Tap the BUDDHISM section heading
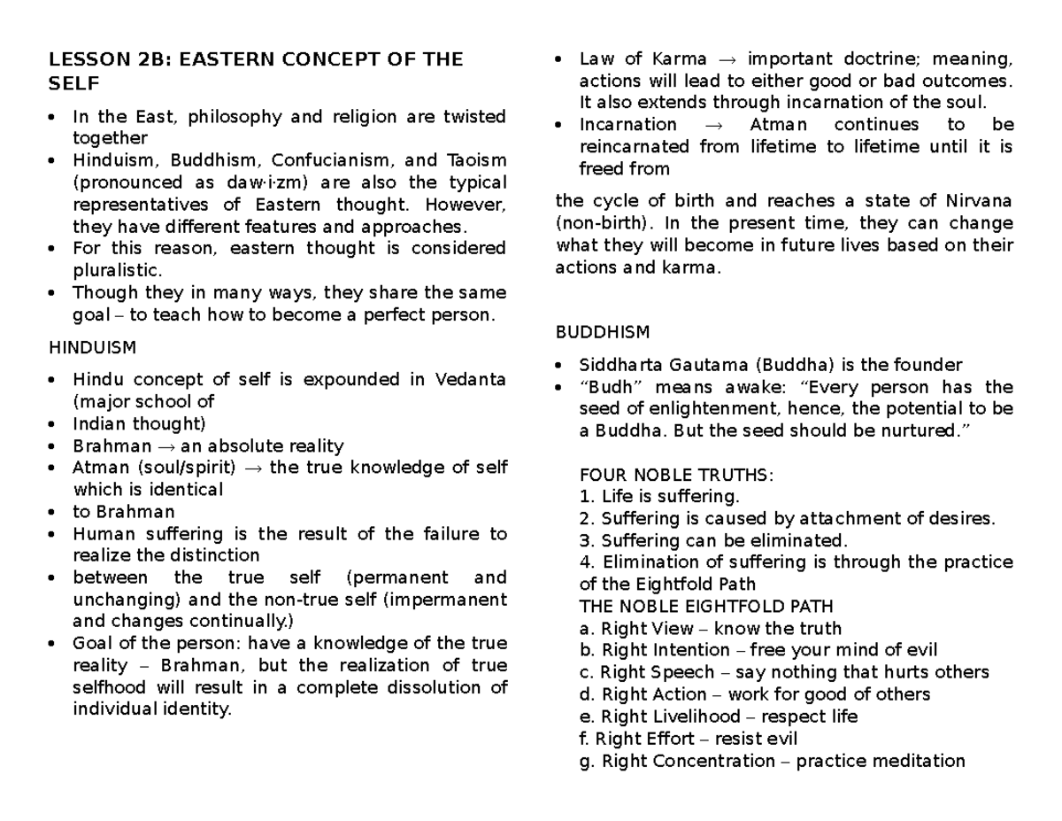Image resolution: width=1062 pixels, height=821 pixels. tap(602, 332)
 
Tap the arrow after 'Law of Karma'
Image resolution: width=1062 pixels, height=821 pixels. tap(727, 60)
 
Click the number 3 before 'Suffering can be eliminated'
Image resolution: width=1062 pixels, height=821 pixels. tap(583, 540)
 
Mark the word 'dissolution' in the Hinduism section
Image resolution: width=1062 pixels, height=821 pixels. tap(437, 687)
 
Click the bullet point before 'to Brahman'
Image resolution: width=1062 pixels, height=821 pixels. tap(56, 512)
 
